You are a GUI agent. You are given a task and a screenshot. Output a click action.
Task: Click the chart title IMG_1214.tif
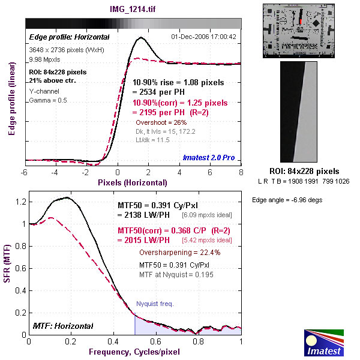(x=133, y=9)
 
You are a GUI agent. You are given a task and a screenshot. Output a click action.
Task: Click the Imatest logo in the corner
(x=324, y=343)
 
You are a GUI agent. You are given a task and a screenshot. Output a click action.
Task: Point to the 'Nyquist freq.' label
(x=155, y=304)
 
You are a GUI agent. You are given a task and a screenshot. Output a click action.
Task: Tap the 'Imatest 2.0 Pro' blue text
(x=209, y=157)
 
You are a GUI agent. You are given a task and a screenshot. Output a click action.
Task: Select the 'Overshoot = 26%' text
(x=161, y=122)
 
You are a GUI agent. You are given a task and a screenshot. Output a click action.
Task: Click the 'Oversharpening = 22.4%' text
(x=180, y=253)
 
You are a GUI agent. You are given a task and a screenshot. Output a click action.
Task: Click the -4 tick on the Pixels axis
(x=55, y=172)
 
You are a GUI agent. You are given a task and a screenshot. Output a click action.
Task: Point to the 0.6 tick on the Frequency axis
(x=155, y=341)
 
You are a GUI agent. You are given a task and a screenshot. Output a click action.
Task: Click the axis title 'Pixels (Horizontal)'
(x=133, y=182)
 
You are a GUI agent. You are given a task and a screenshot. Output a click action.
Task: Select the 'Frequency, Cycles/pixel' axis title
(x=134, y=352)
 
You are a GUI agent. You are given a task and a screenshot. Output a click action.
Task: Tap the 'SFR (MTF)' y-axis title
(x=7, y=263)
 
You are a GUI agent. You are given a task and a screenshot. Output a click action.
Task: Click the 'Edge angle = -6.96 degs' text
(x=287, y=200)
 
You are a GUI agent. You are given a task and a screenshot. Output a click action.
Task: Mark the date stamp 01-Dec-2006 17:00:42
(x=203, y=37)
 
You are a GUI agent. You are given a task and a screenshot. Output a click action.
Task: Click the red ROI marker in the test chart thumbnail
(x=301, y=22)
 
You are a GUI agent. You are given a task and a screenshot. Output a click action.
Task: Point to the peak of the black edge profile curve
(x=141, y=37)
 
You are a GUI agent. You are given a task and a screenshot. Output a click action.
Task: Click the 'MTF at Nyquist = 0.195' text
(x=176, y=275)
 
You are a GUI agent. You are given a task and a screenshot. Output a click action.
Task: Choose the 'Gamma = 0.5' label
(x=48, y=100)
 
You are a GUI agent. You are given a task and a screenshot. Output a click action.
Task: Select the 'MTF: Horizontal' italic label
(x=63, y=326)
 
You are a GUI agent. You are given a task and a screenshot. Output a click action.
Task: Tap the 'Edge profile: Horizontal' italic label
(x=70, y=37)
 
